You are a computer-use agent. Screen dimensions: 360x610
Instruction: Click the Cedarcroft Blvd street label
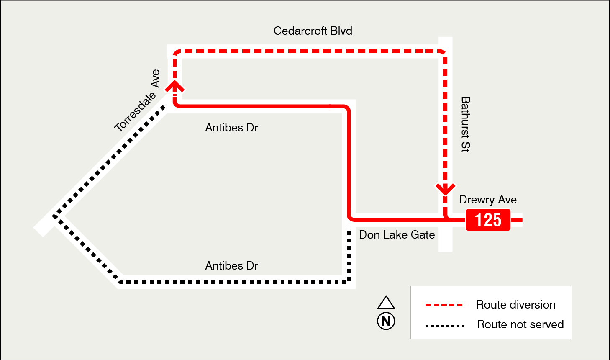[x=313, y=31]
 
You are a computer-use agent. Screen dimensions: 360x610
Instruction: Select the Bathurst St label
[x=465, y=124]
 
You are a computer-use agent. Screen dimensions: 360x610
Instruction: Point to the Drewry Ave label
[x=488, y=200]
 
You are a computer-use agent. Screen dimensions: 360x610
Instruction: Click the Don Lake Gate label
[x=397, y=235]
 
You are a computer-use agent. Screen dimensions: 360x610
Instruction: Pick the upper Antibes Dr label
[x=231, y=128]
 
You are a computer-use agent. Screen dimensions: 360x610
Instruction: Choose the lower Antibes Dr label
[x=231, y=266]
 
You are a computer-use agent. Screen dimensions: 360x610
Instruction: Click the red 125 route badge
[x=488, y=220]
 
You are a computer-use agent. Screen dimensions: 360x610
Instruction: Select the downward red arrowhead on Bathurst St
[x=446, y=189]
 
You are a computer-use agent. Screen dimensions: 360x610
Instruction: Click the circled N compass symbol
[x=386, y=321]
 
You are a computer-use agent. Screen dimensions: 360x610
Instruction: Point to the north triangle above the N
[x=386, y=303]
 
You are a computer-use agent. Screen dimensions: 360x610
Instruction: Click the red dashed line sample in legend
[x=444, y=305]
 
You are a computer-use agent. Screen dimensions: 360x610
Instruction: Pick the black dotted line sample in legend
[x=445, y=325]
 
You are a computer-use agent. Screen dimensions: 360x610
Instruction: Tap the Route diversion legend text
[x=516, y=305]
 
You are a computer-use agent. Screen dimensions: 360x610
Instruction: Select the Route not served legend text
[x=520, y=324]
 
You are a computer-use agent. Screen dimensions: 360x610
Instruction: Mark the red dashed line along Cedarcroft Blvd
[x=310, y=51]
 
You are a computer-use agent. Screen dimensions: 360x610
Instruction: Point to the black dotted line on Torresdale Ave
[x=109, y=161]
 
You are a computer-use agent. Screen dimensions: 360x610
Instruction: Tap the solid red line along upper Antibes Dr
[x=259, y=106]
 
